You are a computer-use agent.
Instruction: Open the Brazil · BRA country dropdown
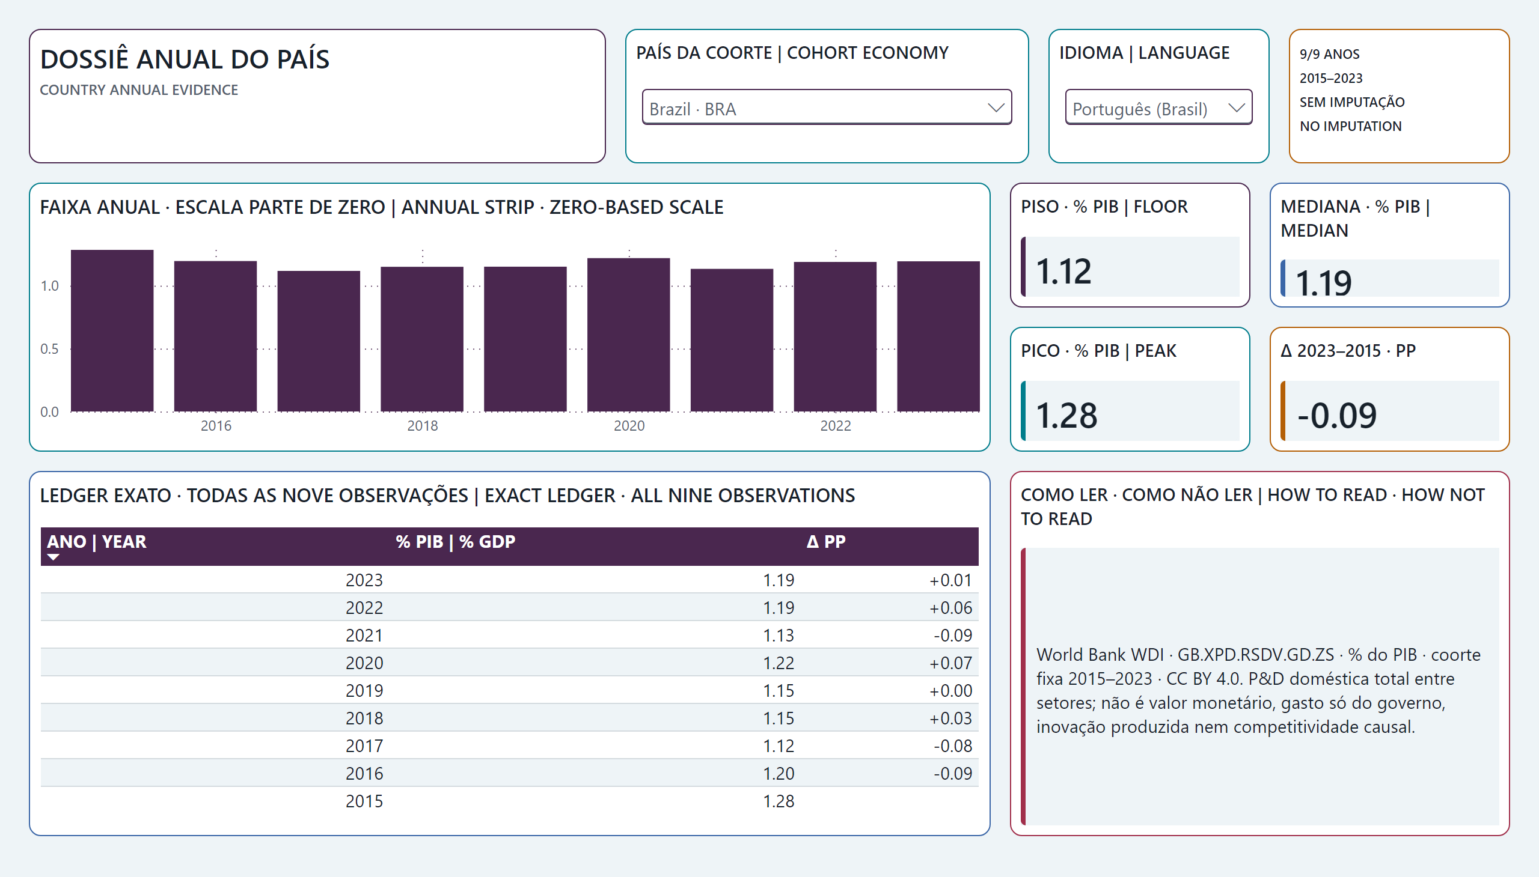(827, 107)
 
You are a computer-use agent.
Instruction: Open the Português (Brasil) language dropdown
(1158, 107)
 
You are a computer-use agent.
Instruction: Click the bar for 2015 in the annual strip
(112, 331)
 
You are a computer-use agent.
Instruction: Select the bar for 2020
(628, 335)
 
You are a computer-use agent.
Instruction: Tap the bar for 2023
(938, 337)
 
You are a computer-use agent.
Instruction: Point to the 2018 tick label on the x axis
(422, 426)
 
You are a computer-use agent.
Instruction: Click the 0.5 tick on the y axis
(49, 349)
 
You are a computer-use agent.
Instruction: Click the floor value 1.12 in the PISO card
(1063, 271)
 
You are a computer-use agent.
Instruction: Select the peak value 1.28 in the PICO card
(1066, 416)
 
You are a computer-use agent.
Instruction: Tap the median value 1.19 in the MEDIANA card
(1323, 283)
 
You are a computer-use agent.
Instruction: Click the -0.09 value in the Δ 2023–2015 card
(1336, 416)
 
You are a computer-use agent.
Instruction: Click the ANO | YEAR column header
(96, 541)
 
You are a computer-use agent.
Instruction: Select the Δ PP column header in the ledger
(826, 541)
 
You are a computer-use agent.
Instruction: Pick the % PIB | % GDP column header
(455, 541)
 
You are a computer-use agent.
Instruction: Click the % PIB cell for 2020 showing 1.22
(779, 663)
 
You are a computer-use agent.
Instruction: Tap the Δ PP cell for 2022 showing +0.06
(950, 608)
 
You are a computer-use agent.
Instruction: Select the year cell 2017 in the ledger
(364, 745)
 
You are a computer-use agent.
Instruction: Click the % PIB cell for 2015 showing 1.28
(779, 801)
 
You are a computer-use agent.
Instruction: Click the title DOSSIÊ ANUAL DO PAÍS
(185, 59)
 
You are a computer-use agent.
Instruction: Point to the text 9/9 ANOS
(1329, 54)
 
